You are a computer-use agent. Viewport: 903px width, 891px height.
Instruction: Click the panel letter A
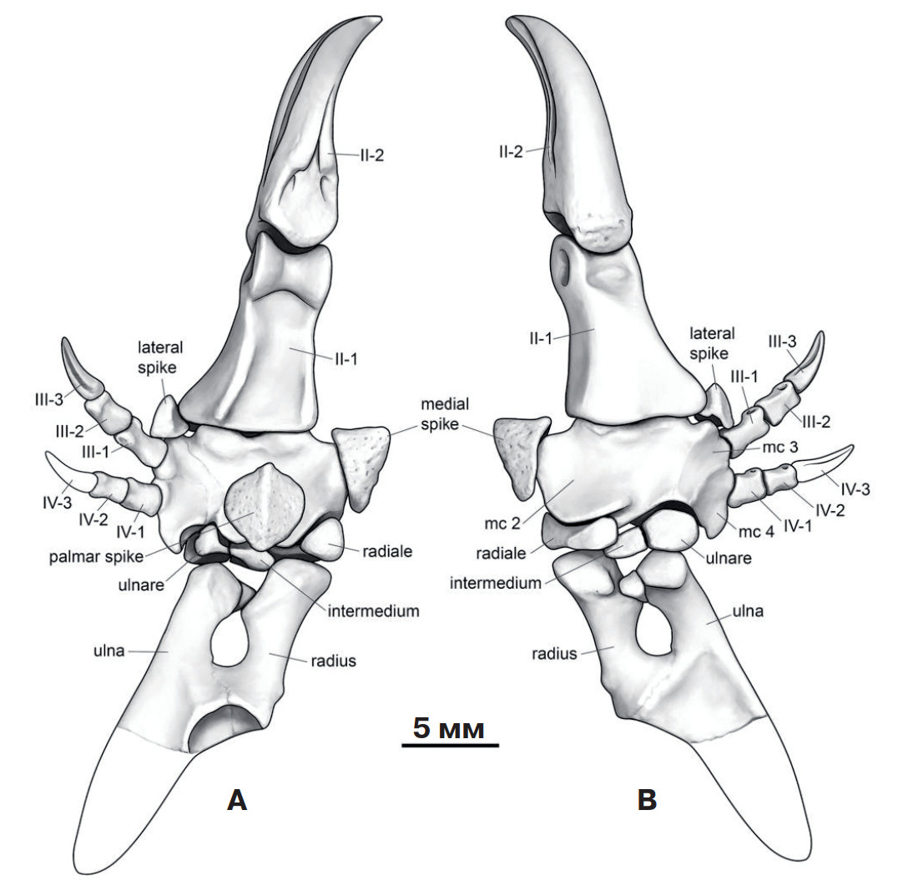coord(237,800)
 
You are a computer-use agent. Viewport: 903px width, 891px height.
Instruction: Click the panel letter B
coord(648,800)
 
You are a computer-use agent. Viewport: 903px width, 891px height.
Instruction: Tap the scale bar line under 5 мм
coord(450,745)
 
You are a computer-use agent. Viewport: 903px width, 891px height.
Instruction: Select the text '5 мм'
coord(449,728)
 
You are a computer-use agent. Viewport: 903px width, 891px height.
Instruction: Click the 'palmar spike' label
coord(96,557)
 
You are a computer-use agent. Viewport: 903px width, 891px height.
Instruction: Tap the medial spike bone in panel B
coord(518,455)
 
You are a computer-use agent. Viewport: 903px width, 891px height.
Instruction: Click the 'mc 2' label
coord(502,524)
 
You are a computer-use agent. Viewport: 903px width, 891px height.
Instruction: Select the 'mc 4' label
coord(756,531)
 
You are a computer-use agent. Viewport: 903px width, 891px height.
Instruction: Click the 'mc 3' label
coord(780,447)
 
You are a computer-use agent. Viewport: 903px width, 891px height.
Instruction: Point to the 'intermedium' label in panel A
coord(373,611)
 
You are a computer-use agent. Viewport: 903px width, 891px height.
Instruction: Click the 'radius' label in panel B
coord(554,654)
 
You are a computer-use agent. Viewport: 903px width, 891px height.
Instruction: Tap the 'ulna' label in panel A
coord(108,651)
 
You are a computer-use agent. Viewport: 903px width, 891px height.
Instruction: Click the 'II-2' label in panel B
coord(511,152)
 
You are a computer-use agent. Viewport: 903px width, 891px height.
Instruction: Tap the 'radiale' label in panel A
coord(387,551)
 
